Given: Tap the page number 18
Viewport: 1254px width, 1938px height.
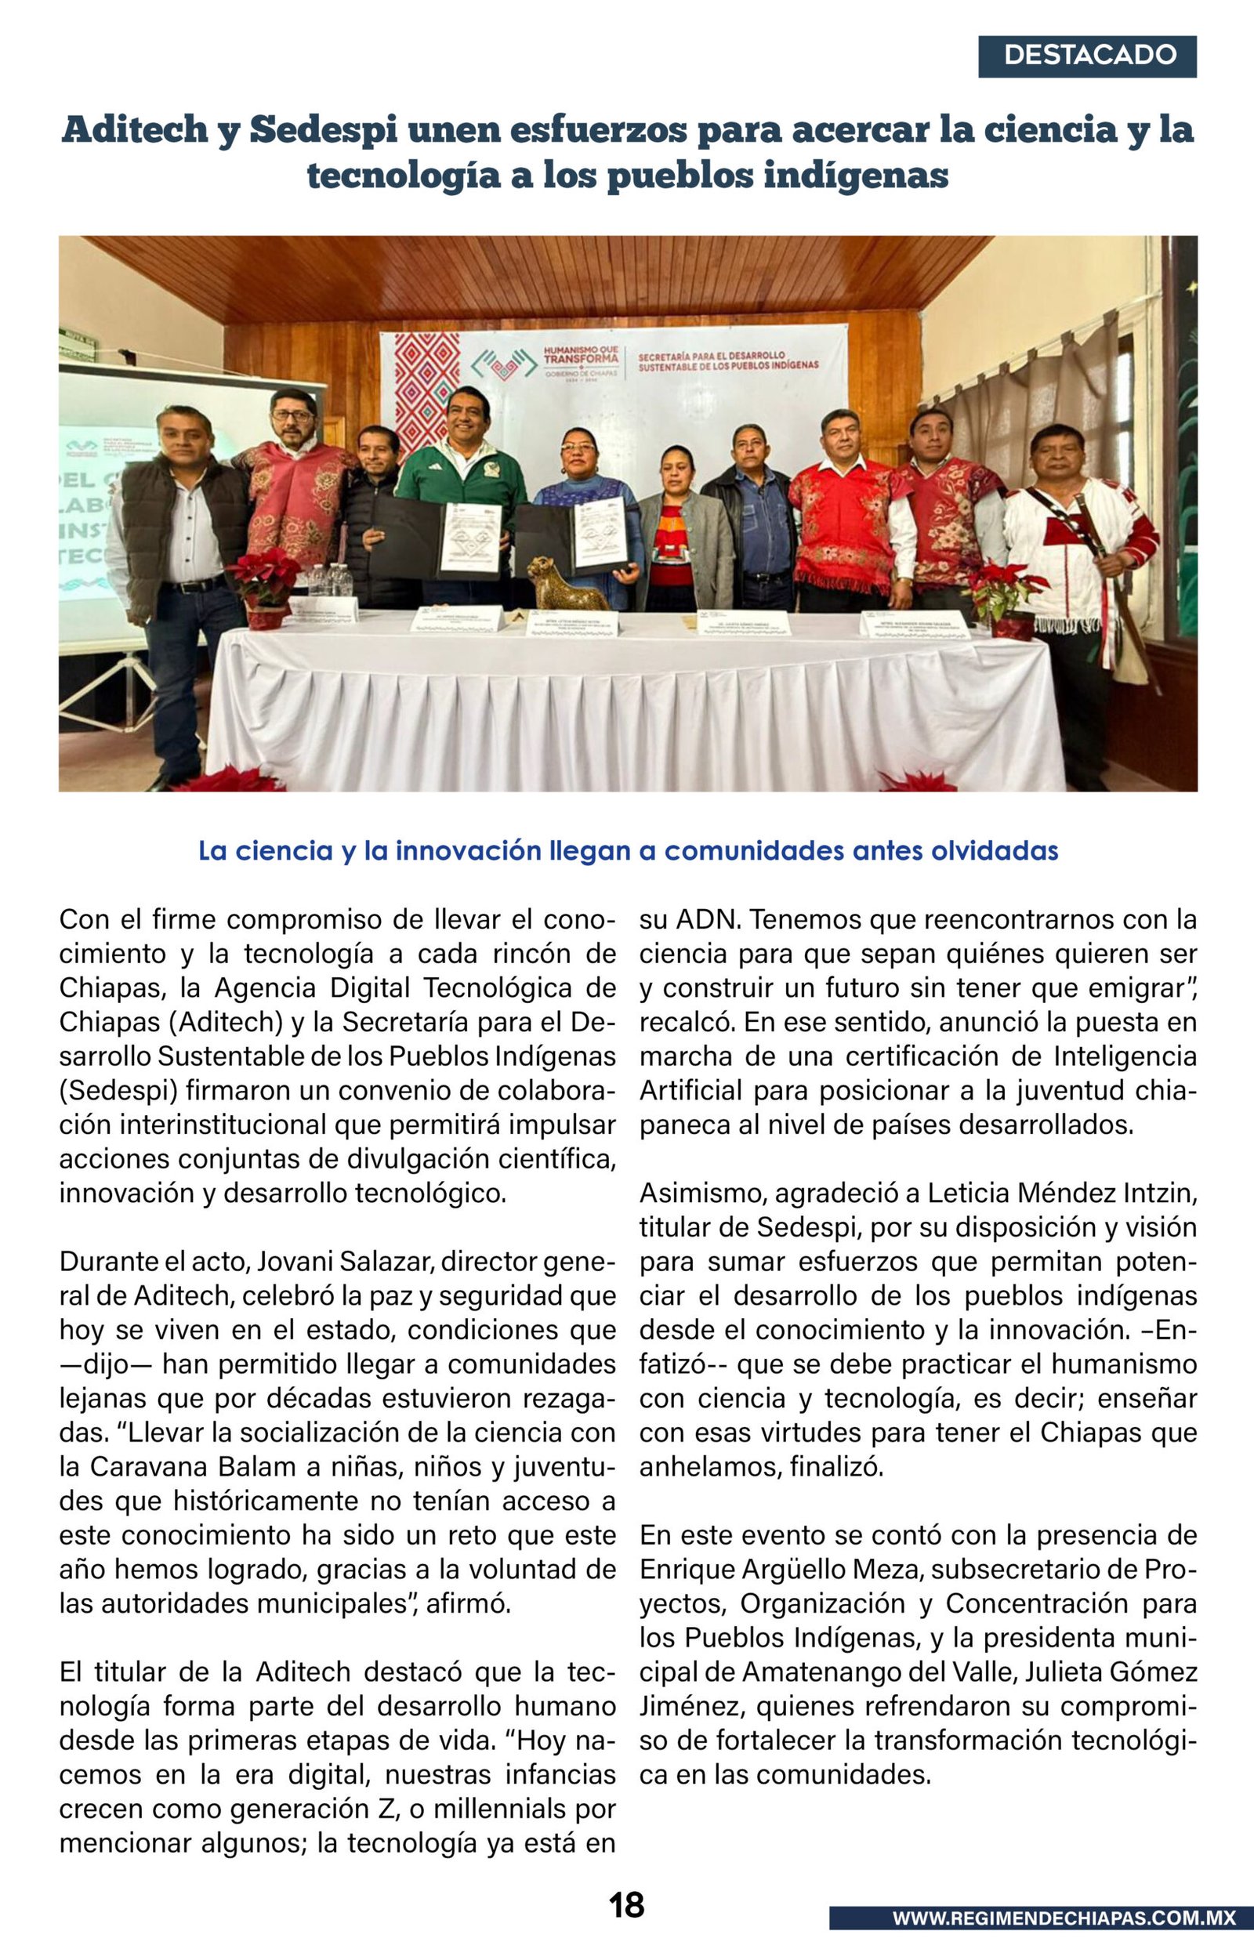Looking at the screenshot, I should point(626,1904).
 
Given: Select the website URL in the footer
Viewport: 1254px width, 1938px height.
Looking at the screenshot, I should point(1064,1918).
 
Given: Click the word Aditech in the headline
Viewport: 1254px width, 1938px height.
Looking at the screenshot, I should point(134,130).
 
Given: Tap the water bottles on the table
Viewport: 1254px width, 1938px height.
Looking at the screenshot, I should point(331,580).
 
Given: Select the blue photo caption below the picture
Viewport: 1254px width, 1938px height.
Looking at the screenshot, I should point(628,850).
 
